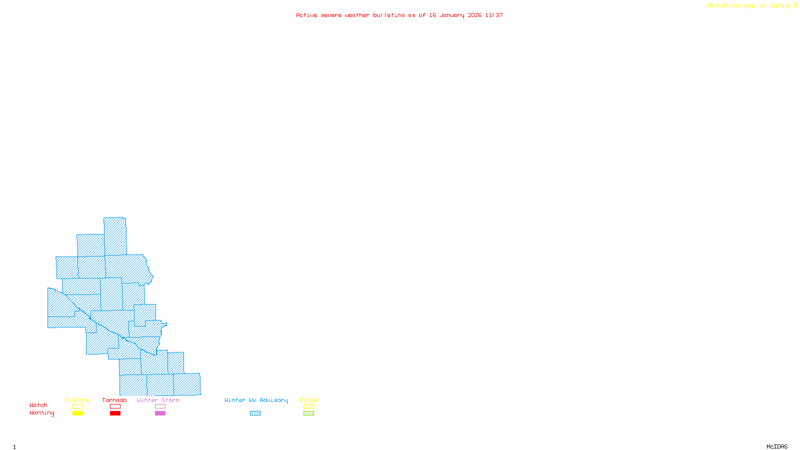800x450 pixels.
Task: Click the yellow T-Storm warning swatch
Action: [77, 413]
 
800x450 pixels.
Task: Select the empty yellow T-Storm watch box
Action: [77, 406]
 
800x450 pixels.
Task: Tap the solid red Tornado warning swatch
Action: [115, 413]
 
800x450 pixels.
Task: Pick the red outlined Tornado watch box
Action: [115, 406]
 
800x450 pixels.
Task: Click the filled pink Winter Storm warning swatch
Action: [160, 413]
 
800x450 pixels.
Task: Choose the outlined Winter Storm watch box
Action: [160, 406]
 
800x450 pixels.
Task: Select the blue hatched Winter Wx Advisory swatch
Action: [255, 413]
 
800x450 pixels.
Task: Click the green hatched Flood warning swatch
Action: [308, 413]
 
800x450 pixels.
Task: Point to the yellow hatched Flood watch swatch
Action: [308, 406]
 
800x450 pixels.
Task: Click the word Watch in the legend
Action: [38, 405]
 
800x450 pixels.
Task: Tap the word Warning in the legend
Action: [41, 413]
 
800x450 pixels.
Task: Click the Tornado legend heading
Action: [114, 400]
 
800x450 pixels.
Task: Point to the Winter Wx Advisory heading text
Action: [256, 400]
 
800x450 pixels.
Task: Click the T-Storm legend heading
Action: [77, 400]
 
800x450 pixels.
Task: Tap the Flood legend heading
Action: [308, 400]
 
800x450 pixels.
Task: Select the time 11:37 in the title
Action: [494, 15]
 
